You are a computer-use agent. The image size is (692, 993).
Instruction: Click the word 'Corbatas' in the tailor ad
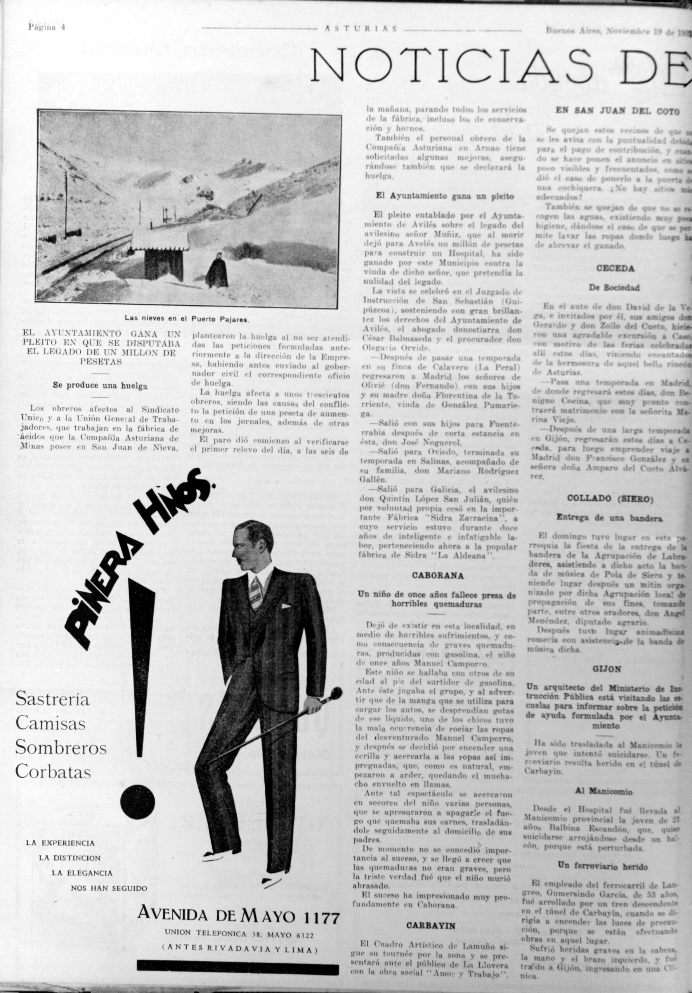pos(54,772)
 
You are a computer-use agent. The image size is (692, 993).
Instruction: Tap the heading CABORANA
pos(437,576)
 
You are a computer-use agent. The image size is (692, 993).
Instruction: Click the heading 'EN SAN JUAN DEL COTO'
pos(617,112)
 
